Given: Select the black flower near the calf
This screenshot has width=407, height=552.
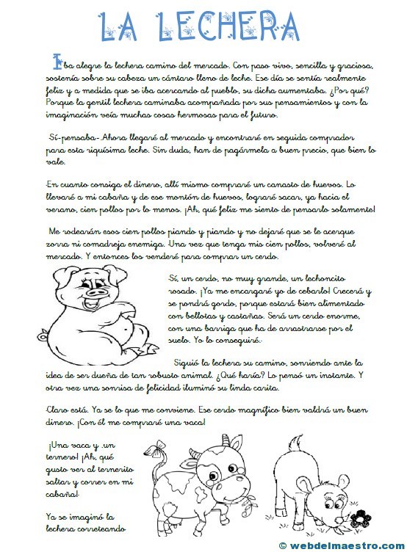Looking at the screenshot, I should point(360,518).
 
